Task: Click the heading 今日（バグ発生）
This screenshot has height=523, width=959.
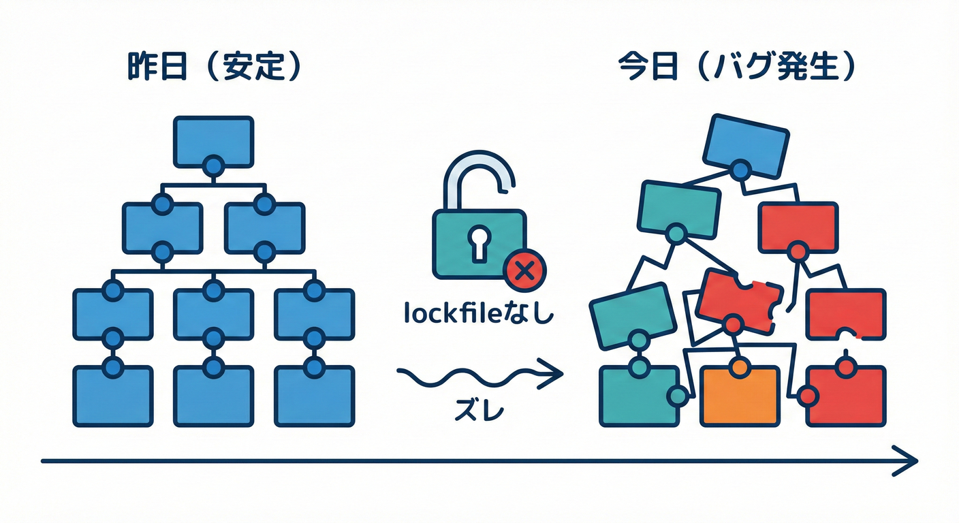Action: [x=736, y=68]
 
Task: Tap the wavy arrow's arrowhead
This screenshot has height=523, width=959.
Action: [x=555, y=373]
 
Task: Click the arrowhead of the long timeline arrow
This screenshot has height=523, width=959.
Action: [x=909, y=460]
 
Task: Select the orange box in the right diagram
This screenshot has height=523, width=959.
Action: [x=740, y=396]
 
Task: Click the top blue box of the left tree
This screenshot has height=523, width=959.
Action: [x=213, y=141]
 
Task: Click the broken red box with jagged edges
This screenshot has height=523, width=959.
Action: [x=739, y=300]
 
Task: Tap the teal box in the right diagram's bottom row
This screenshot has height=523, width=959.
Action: [x=639, y=398]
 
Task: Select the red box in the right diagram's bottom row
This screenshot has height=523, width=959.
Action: [x=846, y=398]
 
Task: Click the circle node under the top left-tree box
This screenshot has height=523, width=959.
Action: [x=213, y=165]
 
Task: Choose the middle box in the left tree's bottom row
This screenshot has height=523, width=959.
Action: [x=213, y=396]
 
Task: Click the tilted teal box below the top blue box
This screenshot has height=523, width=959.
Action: [x=678, y=208]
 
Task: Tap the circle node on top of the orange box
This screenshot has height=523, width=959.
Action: [x=738, y=367]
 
